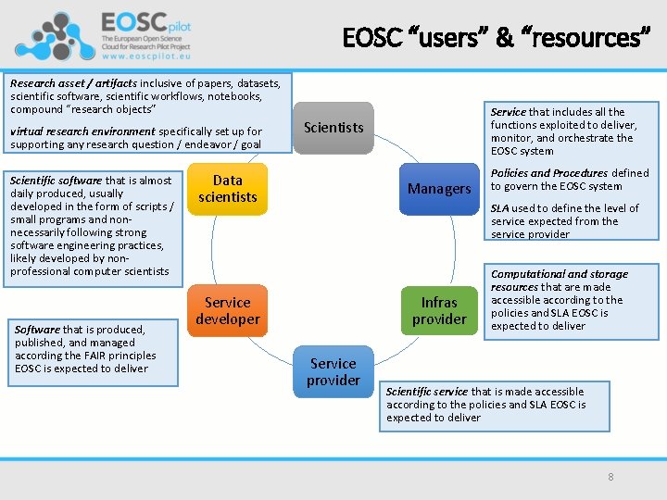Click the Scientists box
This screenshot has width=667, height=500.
tap(333, 128)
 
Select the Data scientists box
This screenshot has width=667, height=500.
tap(227, 188)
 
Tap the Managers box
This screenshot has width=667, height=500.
tap(439, 189)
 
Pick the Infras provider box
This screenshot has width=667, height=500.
tap(439, 311)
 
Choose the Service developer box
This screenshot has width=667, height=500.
tap(227, 311)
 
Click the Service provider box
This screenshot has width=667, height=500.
tap(333, 372)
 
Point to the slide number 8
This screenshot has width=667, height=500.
tap(610, 477)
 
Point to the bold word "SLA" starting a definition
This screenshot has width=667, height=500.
tap(500, 208)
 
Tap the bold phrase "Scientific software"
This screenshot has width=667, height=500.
tap(56, 181)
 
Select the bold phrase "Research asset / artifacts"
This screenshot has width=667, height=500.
tap(73, 83)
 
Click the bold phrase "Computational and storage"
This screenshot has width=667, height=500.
tap(559, 274)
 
